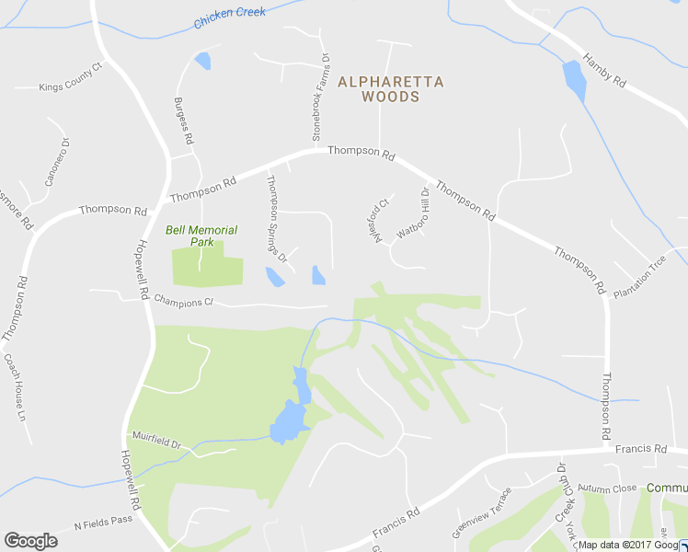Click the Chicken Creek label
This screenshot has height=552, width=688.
[230, 17]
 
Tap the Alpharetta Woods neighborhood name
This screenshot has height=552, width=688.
[391, 88]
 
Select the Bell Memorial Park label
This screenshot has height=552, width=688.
[201, 236]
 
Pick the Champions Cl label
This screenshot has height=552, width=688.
[184, 301]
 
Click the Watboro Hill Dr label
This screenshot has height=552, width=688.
[413, 214]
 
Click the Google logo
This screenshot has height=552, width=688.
[30, 541]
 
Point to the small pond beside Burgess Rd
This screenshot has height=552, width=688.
[202, 62]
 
